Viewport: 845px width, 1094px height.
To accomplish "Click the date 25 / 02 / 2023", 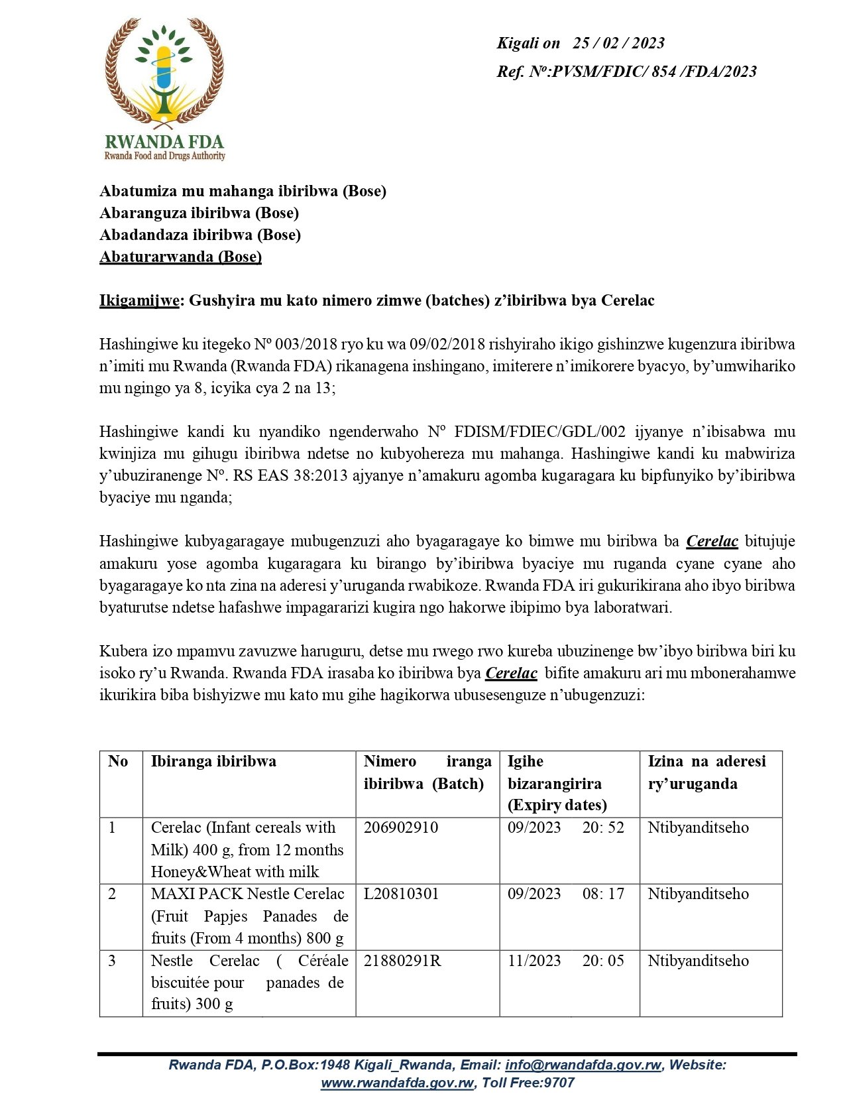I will pos(618,43).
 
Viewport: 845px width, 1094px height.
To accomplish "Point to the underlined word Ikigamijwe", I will pos(139,301).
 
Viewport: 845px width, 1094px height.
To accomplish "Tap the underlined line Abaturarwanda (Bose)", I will pos(180,257).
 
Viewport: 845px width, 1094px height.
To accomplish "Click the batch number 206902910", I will pos(401,827).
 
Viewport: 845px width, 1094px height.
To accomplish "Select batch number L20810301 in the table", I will pos(401,894).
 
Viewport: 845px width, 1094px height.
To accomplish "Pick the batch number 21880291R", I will pos(402,961).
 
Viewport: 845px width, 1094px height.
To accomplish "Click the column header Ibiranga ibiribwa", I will pos(213,761).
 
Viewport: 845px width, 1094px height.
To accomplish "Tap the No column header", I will pos(118,761).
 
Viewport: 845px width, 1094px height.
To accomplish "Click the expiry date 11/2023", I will pos(534,961).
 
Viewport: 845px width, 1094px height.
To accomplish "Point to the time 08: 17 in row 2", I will pos(603,894).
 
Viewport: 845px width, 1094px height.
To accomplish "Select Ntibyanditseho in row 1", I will pos(698,827).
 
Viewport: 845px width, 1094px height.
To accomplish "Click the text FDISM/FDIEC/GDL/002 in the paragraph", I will pos(539,432).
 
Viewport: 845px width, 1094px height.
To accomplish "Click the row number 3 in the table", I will pos(112,961).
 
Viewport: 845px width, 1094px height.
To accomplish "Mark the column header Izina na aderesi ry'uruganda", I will pos(706,772).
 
